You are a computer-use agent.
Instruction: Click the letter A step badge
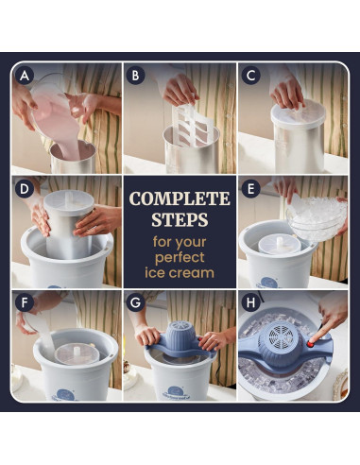coord(25,76)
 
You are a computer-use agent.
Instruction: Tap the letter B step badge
coord(135,76)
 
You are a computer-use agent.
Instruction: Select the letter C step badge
coord(250,76)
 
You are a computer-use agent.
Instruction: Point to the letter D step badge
coord(25,189)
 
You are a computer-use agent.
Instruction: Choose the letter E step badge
coord(250,189)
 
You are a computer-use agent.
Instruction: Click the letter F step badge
coord(25,302)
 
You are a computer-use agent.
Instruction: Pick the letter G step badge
coord(135,302)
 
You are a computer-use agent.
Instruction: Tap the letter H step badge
coord(250,302)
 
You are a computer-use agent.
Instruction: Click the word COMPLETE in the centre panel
coord(180,198)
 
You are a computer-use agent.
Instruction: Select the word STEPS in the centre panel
coord(180,219)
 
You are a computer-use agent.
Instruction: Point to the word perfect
coord(180,258)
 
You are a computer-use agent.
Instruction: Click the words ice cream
coord(180,272)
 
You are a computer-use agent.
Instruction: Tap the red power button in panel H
coord(311,344)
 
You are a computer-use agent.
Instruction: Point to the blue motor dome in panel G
coord(179,336)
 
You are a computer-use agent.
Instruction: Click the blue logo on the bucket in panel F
coord(66,395)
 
